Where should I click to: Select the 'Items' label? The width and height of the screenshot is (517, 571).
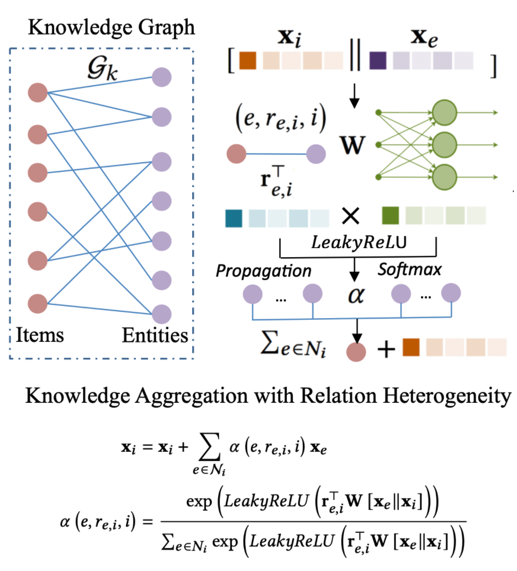[x=39, y=335]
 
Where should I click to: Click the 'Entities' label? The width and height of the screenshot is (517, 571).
[x=155, y=335]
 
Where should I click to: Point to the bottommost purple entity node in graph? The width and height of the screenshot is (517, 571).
[x=161, y=312]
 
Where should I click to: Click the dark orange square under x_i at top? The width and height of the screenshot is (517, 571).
[x=248, y=60]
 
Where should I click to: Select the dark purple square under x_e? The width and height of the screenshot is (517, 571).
[x=378, y=60]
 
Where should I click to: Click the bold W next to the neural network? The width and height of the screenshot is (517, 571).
[x=355, y=145]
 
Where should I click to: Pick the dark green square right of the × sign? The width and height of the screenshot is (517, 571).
[x=391, y=216]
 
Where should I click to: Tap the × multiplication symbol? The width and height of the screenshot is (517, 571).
[x=351, y=217]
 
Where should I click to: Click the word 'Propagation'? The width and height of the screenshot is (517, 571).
[x=263, y=271]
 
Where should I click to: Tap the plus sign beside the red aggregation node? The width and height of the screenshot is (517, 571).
[x=386, y=350]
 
